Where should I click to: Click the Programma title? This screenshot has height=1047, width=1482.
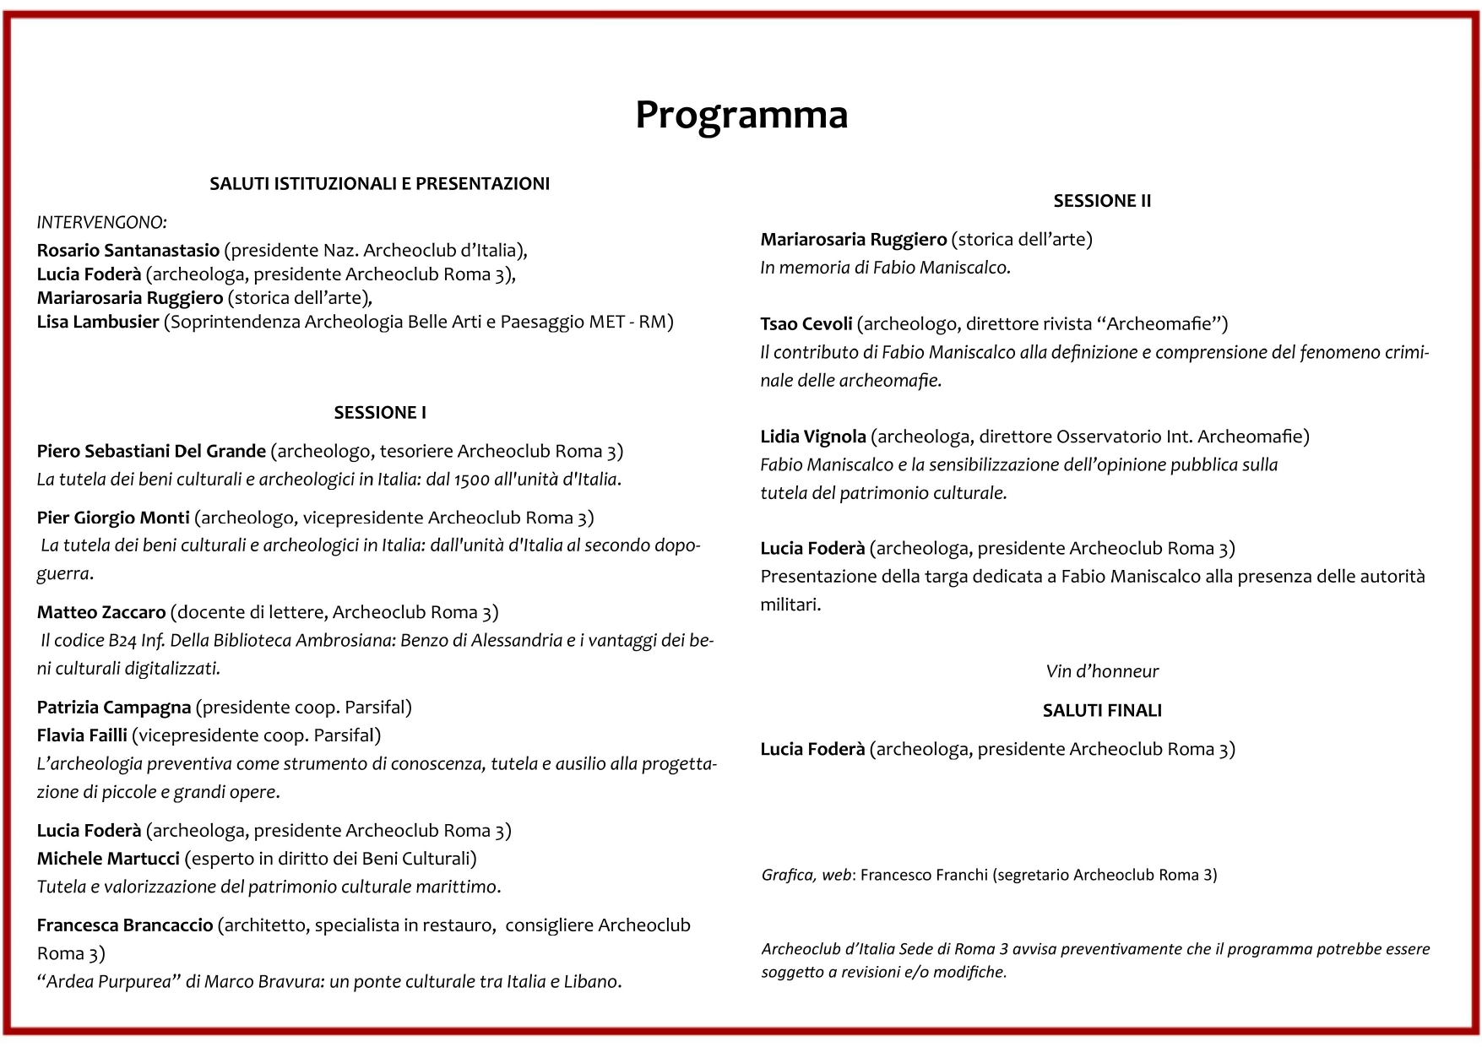point(741,115)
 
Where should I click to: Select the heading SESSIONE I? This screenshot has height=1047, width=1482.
point(380,412)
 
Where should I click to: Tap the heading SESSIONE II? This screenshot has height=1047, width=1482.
point(1102,201)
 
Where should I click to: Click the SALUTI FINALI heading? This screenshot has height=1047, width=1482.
point(1102,710)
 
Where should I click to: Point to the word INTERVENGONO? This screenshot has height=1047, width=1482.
point(101,222)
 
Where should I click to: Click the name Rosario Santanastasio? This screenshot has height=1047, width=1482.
point(128,250)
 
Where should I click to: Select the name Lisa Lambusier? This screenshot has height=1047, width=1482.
point(97,322)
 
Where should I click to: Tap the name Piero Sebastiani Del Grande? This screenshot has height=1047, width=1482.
point(151,451)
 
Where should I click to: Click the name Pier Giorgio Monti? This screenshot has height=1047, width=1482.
point(113,518)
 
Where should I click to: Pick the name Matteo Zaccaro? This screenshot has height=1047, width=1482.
point(101,612)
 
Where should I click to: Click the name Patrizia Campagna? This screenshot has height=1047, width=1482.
point(113,707)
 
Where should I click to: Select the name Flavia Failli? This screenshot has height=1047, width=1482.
point(82,735)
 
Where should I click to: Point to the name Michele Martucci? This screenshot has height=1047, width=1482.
point(108,859)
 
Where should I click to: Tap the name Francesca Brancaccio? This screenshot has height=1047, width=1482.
point(124,925)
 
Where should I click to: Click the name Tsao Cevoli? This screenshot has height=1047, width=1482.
point(806,323)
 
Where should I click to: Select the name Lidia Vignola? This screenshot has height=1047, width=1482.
point(812,437)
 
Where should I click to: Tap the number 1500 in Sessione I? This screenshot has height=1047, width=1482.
point(471,480)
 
